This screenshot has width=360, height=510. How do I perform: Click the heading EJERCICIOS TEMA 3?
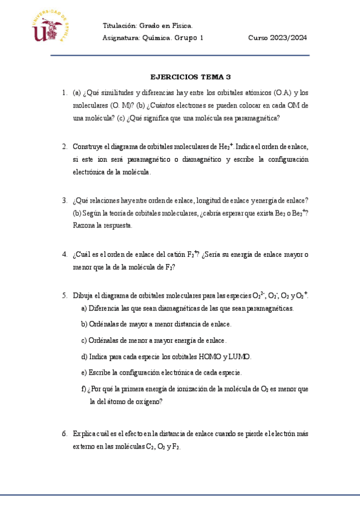coord(190,77)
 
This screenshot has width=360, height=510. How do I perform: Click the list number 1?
coord(64,93)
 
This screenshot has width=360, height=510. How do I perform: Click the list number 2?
coord(64,146)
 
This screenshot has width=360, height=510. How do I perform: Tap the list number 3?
coord(64,200)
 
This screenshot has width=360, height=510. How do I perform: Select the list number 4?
coord(64,254)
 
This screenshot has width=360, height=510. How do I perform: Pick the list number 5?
coord(64,295)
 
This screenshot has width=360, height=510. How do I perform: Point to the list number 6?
coord(64,434)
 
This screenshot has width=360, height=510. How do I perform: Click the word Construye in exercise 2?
coord(88,146)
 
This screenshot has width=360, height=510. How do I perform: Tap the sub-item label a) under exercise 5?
coord(84,309)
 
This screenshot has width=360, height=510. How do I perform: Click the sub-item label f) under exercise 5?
coord(83,389)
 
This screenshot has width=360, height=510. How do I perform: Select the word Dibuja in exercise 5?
coord(84,295)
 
